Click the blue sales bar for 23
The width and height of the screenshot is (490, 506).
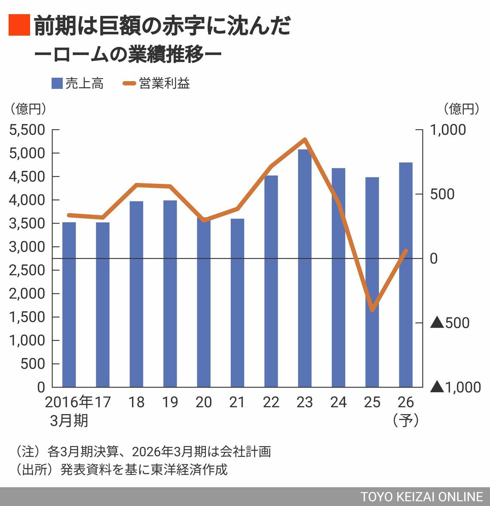(x=304, y=268)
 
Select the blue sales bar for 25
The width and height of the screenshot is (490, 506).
(x=372, y=282)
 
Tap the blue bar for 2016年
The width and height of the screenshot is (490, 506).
(x=69, y=305)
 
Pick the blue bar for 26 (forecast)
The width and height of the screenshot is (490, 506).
(x=406, y=275)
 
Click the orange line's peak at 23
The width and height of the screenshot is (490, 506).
(x=304, y=140)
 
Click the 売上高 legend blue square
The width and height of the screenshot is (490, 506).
(x=57, y=83)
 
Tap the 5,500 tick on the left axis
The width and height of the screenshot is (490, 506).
(x=27, y=130)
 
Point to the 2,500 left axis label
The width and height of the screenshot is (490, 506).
(x=27, y=270)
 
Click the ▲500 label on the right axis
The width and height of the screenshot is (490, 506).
(x=450, y=323)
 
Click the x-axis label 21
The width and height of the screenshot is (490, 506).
(x=237, y=402)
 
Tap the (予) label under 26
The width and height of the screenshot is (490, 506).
(x=405, y=420)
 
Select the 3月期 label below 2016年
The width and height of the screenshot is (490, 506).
(x=69, y=420)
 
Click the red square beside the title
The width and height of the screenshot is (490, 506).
(x=19, y=24)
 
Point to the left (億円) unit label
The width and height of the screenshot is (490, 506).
(x=28, y=109)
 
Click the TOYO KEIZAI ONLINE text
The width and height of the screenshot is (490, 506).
(x=422, y=497)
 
